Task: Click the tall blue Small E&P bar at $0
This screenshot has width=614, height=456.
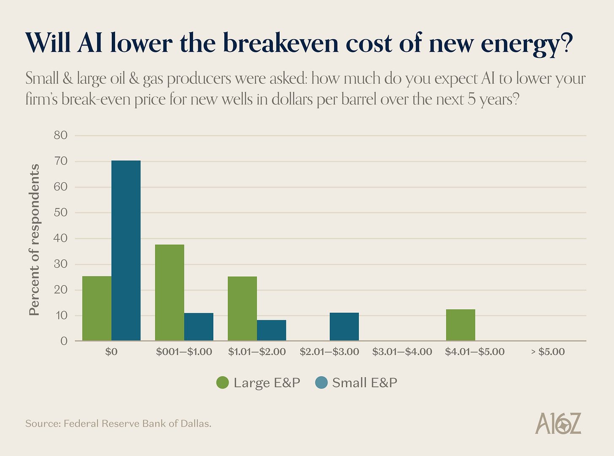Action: pos(126,250)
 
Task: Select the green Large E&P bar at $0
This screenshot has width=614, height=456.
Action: pos(97,308)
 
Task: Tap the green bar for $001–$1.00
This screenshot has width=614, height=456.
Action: pos(170,292)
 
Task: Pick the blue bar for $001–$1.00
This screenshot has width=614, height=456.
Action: pos(199,327)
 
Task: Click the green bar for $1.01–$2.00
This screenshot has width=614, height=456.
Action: pos(242,308)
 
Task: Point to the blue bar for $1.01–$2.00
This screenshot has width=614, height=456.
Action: pos(271,330)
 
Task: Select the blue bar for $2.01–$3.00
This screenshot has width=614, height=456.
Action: pos(344,327)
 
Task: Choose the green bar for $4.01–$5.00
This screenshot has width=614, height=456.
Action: pos(460,325)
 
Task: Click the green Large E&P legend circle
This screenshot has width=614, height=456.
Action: pos(222,383)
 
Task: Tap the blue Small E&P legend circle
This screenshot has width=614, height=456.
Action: pos(321,383)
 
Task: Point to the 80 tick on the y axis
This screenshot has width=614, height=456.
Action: pos(61,135)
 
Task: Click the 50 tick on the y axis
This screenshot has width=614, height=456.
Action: pos(61,212)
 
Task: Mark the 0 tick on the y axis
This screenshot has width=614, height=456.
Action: pos(64,341)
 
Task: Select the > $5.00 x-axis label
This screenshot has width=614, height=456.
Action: pos(548,352)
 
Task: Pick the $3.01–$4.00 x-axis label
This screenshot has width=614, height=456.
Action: pos(402,352)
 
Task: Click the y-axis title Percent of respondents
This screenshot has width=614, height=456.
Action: pos(34,239)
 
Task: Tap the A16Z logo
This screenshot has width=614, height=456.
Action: pos(558,424)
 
